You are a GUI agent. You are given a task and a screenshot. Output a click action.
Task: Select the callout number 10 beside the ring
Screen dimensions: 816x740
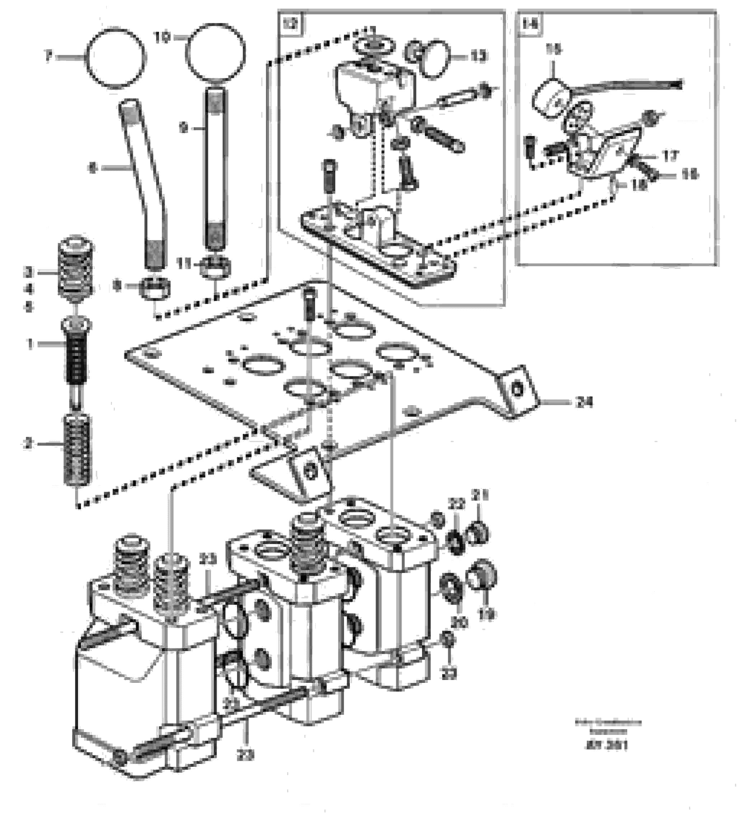tap(162, 37)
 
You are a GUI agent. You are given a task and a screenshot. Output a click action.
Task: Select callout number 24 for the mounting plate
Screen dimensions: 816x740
tap(584, 402)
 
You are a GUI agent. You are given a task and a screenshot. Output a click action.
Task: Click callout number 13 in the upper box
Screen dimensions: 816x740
tap(478, 56)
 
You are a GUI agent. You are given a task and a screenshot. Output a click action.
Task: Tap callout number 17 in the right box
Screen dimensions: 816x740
tap(670, 156)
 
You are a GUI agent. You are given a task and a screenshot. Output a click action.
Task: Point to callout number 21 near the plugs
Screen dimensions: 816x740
tap(481, 495)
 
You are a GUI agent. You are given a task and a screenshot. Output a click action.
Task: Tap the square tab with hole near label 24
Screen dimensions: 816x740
tap(517, 390)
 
